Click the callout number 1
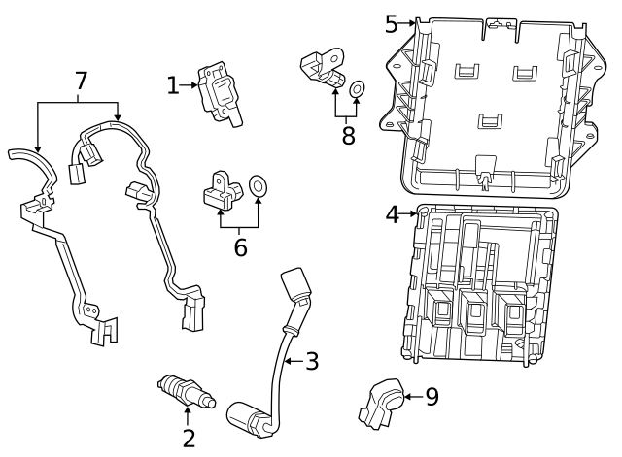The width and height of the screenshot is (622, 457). pos(173,86)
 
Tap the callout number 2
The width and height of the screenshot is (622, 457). pos(189,438)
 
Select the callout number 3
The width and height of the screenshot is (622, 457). pos(311,362)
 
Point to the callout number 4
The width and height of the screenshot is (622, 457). pos(393,214)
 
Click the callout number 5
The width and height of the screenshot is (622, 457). pos(392,23)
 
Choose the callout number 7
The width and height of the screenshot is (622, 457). pos(80,84)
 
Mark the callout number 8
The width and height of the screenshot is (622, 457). pos(348,134)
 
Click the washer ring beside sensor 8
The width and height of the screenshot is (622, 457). pos(357,90)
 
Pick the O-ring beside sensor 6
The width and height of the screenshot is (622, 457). pos(259,184)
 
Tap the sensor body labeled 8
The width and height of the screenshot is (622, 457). pos(323,68)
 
